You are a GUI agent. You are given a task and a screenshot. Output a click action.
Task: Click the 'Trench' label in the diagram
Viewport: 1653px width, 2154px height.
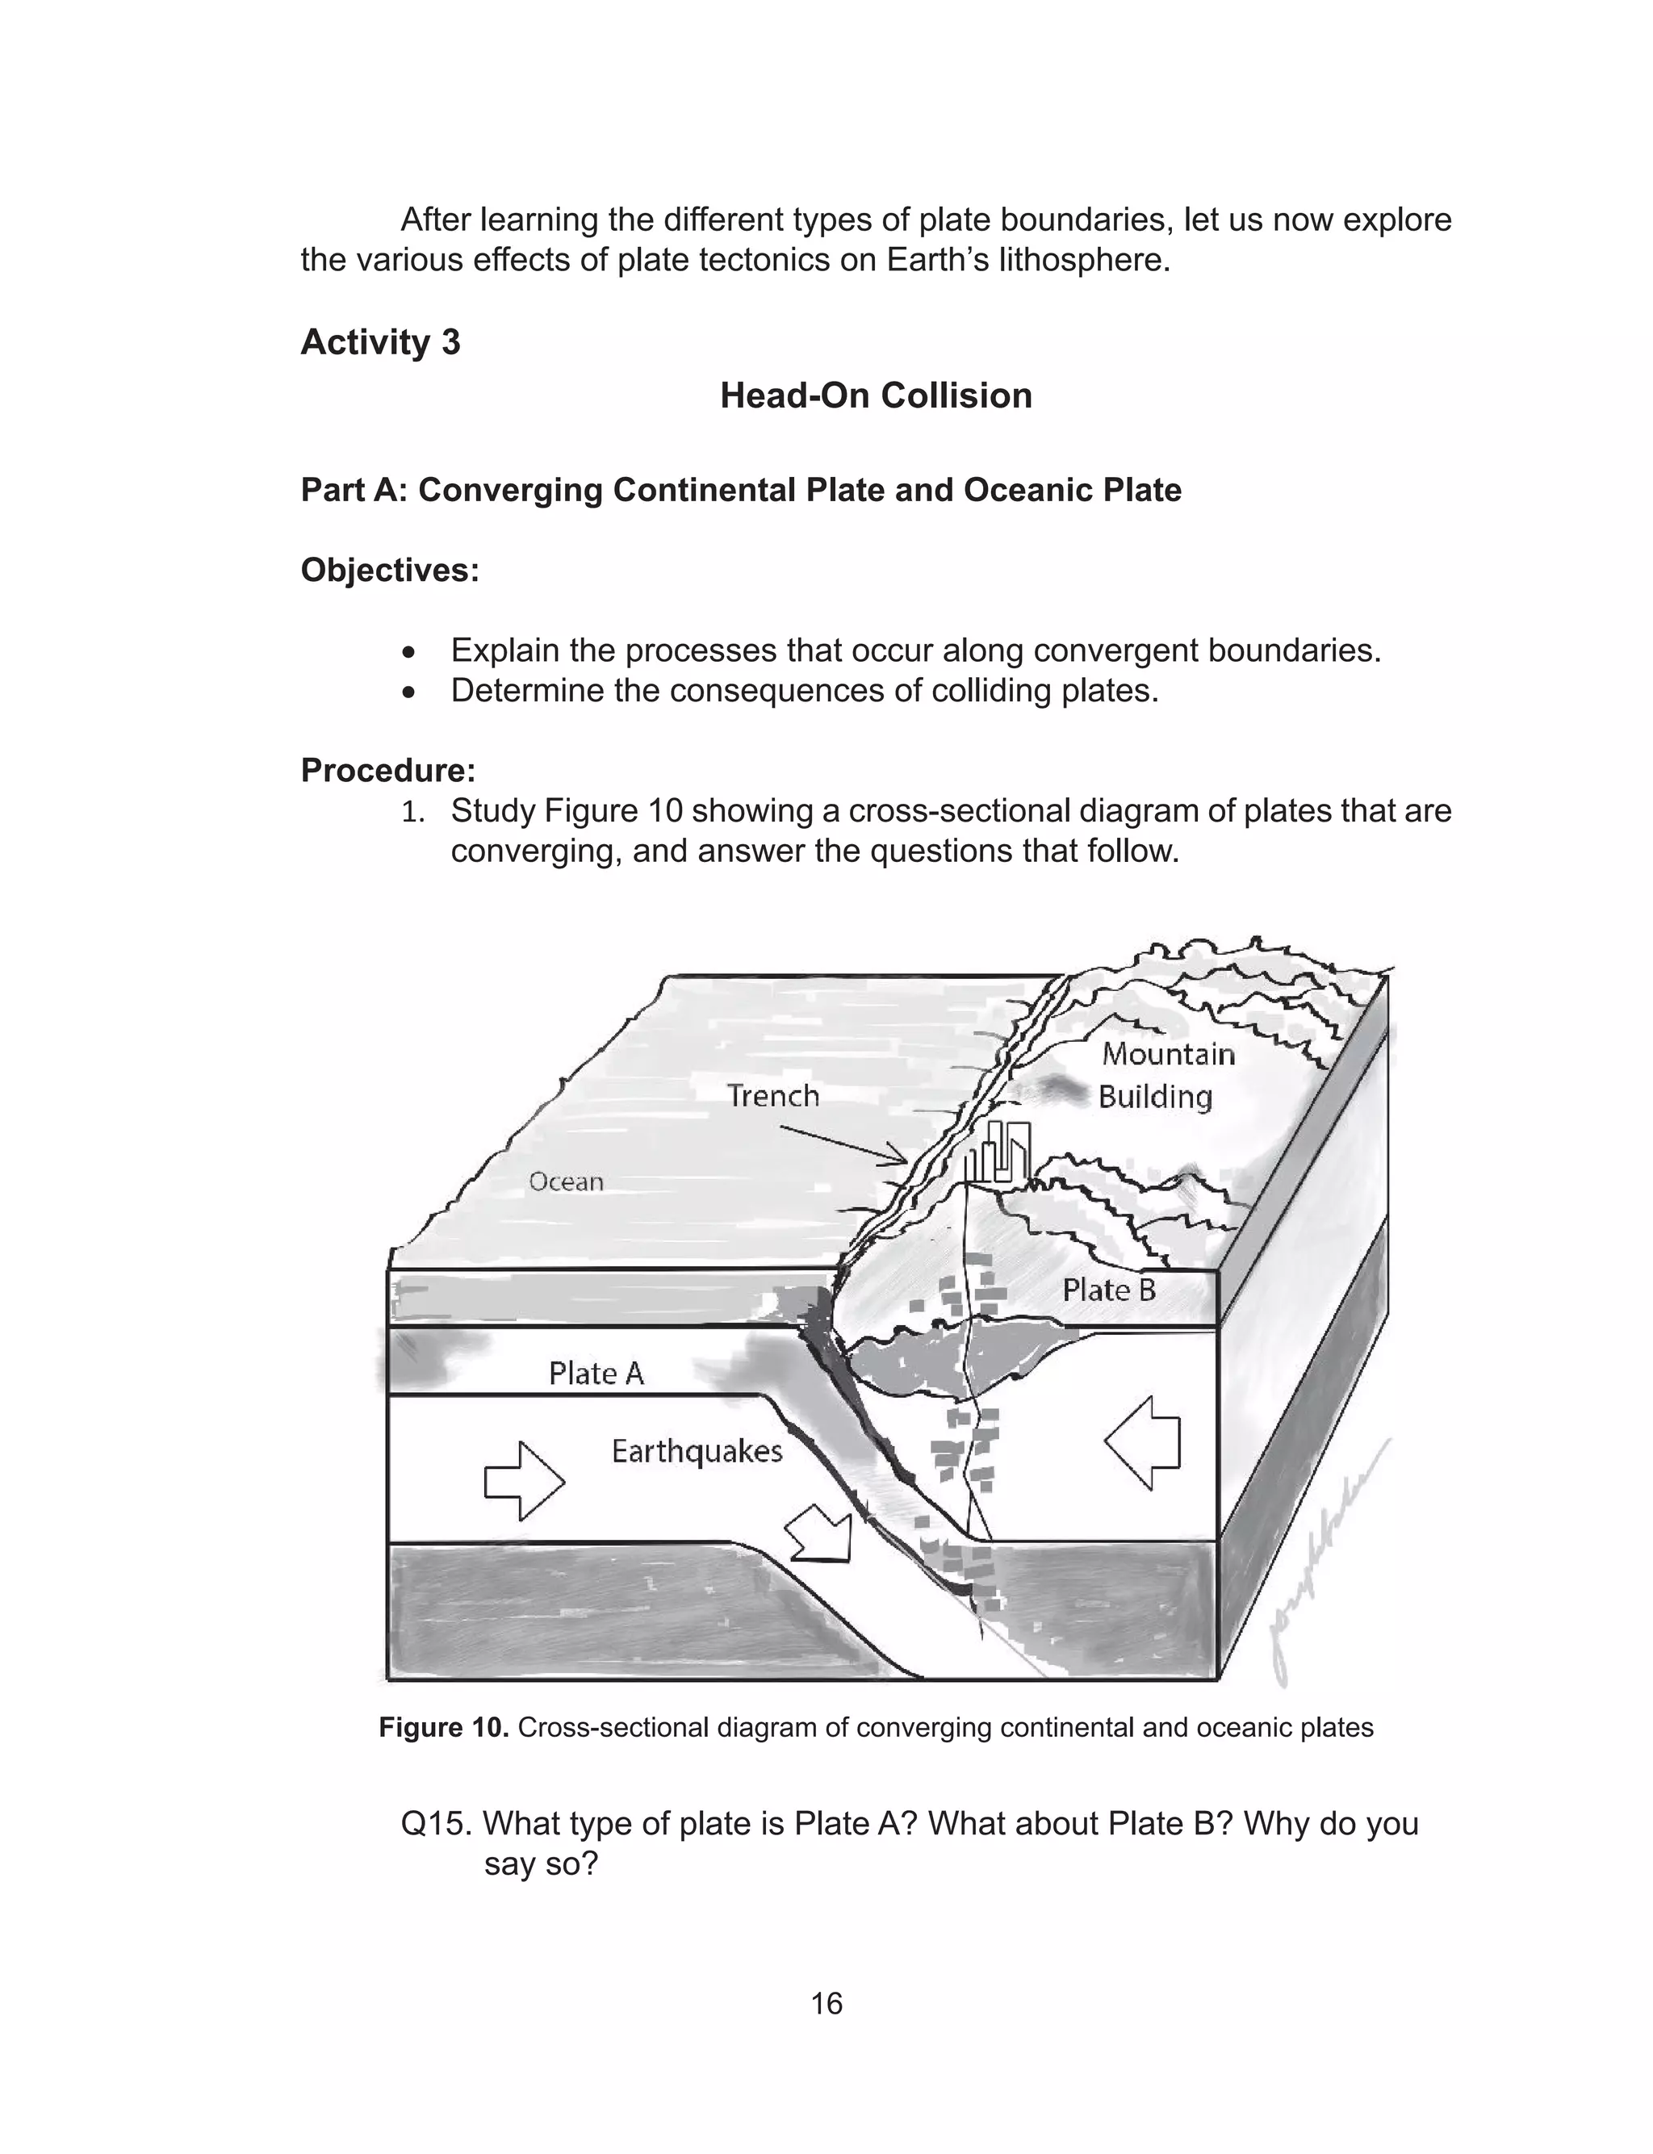[x=772, y=1096]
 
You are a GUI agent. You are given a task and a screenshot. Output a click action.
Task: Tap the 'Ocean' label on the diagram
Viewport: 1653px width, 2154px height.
[x=566, y=1182]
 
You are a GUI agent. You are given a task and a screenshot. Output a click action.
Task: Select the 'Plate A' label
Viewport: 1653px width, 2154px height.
[x=596, y=1373]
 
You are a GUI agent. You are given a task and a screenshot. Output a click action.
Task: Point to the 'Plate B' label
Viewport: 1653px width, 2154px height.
[x=1109, y=1290]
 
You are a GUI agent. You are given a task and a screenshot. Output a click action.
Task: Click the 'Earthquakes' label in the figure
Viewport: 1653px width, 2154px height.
[x=697, y=1451]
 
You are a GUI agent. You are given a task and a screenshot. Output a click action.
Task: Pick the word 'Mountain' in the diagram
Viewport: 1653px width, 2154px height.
[x=1168, y=1054]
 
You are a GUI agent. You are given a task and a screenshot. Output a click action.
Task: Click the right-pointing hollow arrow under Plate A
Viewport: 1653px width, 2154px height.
[x=525, y=1481]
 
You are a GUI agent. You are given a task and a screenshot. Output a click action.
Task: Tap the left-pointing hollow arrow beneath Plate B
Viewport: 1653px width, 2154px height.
[x=1144, y=1444]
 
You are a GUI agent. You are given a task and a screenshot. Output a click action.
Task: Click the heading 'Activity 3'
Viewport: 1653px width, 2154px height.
[x=380, y=342]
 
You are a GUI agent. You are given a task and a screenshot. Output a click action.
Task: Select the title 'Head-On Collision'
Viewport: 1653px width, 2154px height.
[x=876, y=395]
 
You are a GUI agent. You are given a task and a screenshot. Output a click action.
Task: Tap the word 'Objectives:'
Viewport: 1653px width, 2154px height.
[x=390, y=570]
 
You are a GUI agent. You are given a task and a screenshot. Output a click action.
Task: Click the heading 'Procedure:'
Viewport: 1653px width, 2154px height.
[x=387, y=770]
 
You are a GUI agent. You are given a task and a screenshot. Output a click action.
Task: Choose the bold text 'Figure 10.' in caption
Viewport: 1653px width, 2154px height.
[x=443, y=1727]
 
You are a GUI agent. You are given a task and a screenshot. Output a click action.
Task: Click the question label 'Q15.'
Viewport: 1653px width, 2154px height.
[x=437, y=1824]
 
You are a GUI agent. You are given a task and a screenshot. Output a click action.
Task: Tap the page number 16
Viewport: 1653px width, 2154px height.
[x=826, y=2004]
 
